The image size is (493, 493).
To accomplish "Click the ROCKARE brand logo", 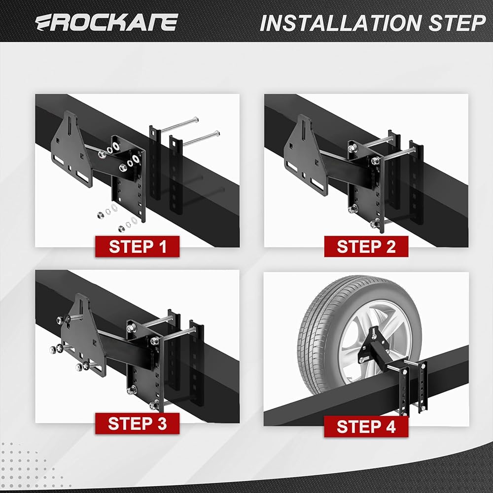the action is coord(106,22).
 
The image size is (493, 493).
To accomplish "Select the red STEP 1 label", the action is coord(138,246).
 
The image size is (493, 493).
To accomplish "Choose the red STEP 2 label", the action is coord(366,246).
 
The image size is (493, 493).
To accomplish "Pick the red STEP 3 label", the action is coord(138,423).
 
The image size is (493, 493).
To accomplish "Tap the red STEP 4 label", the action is coord(366,426).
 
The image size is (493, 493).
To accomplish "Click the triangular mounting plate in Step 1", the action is coord(71,150).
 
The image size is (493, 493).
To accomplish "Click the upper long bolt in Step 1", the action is coord(179,125).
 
